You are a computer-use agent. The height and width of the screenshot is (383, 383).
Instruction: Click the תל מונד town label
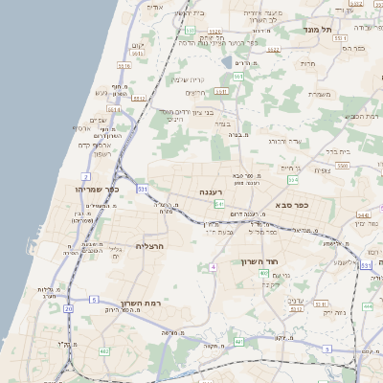319,30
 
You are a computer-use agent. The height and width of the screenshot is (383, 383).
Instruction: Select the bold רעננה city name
212,192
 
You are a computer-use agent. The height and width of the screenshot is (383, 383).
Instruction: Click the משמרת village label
321,93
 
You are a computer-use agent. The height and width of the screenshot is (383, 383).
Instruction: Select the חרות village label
307,63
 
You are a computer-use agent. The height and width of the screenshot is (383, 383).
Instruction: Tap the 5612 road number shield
273,49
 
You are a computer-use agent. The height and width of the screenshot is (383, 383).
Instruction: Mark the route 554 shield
293,179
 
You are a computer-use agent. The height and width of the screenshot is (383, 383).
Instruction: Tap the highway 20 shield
68,308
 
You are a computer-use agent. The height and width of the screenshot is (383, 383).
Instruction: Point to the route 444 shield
368,306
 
